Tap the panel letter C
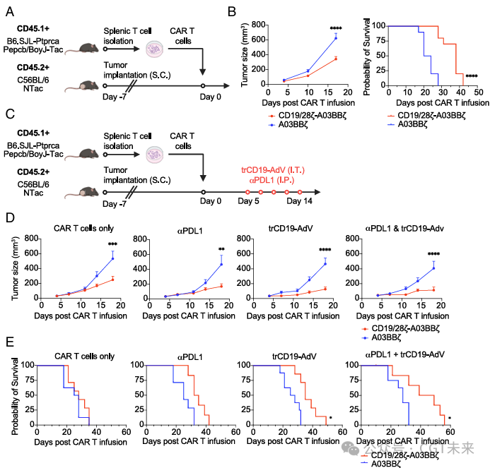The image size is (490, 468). coord(10,113)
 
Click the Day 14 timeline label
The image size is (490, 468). coord(298,203)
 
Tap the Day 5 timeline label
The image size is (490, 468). coord(249,203)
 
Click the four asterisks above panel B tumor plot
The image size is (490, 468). coord(336,29)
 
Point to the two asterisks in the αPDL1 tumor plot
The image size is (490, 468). coord(221,250)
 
